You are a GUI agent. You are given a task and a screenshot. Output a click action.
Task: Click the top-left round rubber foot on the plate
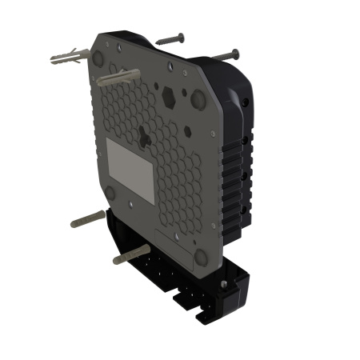coord(98,58)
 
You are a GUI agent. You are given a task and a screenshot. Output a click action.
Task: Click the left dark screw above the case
coord(170,38)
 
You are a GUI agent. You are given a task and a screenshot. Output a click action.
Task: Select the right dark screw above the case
coord(223,54)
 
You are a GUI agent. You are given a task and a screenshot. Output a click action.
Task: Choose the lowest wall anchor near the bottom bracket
coord(130,255)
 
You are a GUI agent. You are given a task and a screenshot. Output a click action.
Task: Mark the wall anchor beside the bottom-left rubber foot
coord(87,218)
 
